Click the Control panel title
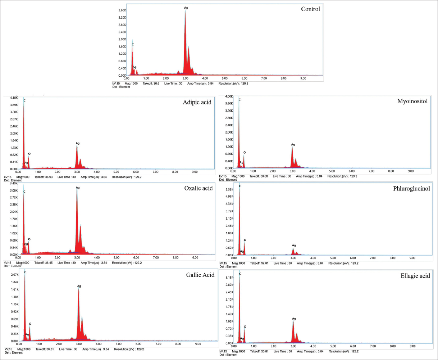pos(310,9)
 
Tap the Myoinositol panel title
pos(412,102)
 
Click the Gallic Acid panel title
pos(200,275)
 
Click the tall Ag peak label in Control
pos(186,8)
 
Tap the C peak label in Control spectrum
pos(132,45)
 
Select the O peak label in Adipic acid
pos(29,154)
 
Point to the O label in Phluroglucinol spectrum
pos(245,240)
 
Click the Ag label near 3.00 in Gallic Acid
pos(79,286)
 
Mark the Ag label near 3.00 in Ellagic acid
pos(294,319)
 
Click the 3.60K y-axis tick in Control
pos(122,10)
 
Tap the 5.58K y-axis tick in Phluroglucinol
pos(229,189)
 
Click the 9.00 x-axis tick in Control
pos(303,78)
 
